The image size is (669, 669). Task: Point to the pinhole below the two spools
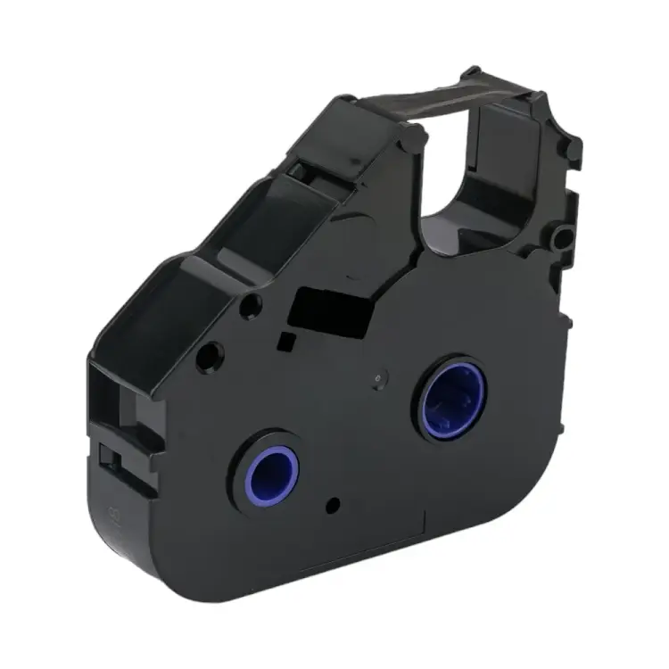click(x=332, y=506)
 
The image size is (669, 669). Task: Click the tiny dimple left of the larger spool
click(x=378, y=378)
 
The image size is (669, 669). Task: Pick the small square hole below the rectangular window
click(x=287, y=340)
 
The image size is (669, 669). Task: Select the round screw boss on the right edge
click(x=563, y=238)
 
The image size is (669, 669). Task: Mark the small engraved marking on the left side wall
click(x=115, y=515)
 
